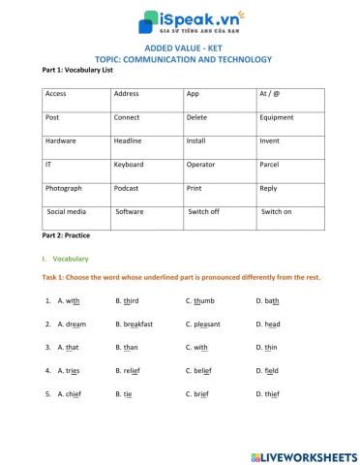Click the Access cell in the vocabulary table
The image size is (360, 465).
click(x=56, y=94)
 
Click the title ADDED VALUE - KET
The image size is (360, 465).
click(x=179, y=46)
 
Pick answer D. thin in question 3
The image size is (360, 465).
click(x=266, y=347)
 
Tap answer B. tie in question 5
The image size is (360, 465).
click(x=124, y=394)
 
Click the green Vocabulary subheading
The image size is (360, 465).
click(x=70, y=260)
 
